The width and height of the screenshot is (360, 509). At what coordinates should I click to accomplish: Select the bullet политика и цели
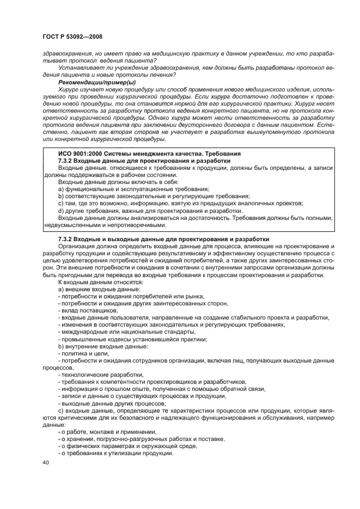pos(80,353)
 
